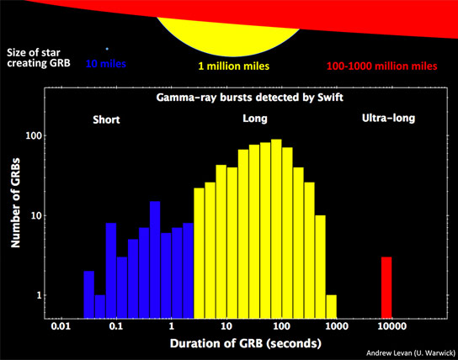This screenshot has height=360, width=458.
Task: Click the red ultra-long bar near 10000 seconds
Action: (386, 288)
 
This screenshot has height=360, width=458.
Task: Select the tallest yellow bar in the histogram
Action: (276, 229)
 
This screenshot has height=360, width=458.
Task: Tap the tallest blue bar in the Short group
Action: (155, 260)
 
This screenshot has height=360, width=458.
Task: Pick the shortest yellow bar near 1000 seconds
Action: (332, 307)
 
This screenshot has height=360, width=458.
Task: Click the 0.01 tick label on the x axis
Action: (61, 326)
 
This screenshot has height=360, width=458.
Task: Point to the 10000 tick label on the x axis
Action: (391, 326)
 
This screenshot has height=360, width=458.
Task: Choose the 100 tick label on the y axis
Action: (35, 135)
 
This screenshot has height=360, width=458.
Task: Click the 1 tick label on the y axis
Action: (39, 295)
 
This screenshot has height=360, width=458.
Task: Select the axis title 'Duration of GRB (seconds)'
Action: (246, 343)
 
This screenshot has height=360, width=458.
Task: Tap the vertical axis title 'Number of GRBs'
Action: (15, 203)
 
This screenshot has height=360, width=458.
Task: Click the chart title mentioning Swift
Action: (250, 97)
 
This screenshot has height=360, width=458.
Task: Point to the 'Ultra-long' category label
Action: (388, 118)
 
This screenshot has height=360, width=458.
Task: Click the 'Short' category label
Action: (106, 119)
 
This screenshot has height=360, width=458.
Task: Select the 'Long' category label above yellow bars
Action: (255, 119)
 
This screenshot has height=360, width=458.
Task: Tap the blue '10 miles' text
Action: (106, 64)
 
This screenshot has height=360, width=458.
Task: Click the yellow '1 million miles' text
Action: (234, 66)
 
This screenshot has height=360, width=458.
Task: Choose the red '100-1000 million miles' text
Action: (381, 66)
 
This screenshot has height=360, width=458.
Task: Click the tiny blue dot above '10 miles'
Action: (107, 49)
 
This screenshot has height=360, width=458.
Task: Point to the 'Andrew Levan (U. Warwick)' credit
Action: (411, 353)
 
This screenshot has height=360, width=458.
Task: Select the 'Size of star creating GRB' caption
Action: (39, 58)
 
